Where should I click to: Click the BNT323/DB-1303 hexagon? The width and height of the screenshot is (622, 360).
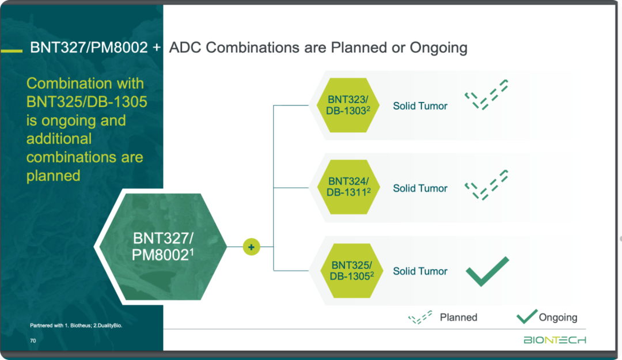[348, 105]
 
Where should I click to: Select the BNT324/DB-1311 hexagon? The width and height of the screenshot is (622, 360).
[348, 187]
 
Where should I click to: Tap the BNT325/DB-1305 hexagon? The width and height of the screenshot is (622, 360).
[351, 271]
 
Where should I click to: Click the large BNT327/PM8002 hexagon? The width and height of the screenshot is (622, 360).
[162, 247]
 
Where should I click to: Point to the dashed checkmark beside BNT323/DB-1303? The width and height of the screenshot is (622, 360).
[486, 95]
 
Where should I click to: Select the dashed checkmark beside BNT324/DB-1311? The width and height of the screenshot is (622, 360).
[486, 185]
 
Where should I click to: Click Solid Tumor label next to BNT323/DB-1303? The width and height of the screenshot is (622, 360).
[420, 106]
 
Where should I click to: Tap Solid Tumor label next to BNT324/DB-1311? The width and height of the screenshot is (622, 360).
[420, 188]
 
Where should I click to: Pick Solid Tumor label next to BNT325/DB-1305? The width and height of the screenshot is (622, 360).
[420, 271]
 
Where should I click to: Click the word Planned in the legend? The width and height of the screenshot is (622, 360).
[458, 317]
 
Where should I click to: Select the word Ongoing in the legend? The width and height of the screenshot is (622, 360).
[557, 317]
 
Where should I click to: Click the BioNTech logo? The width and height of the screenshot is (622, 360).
[555, 340]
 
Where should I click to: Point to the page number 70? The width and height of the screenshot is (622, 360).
[33, 340]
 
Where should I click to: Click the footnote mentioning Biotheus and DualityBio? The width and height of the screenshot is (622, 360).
[76, 325]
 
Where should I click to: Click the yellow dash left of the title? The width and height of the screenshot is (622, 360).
[12, 51]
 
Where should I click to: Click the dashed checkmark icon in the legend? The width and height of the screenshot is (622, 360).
[420, 317]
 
